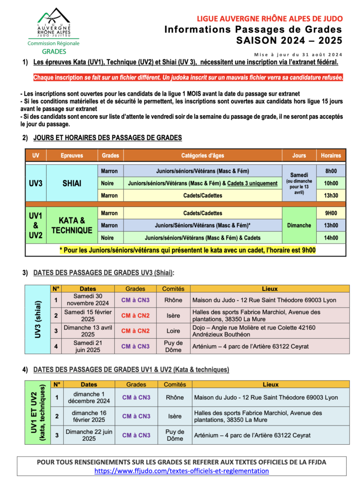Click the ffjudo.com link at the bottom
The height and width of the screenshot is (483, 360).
182,470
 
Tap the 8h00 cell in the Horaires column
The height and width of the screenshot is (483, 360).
331,171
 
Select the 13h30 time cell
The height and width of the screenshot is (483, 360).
331,195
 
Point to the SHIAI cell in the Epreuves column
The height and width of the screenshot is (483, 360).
72,183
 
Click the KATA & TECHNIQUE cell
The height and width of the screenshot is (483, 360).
72,225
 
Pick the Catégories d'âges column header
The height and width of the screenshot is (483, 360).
202,155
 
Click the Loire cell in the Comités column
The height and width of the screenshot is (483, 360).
173,331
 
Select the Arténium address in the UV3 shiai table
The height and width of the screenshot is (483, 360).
251,346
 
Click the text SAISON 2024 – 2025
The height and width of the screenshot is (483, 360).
289,41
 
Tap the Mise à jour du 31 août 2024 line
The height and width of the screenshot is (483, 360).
298,54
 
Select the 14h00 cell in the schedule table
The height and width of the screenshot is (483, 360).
331,238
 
